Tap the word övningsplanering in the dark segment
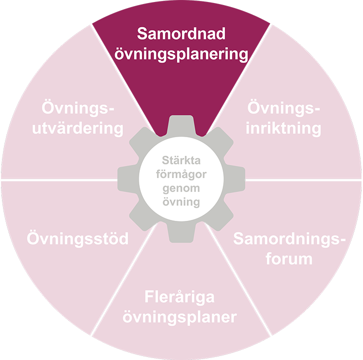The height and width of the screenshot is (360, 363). [181, 54]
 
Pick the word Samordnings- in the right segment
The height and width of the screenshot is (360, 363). [290, 239]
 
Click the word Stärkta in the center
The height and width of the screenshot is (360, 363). [181, 161]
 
